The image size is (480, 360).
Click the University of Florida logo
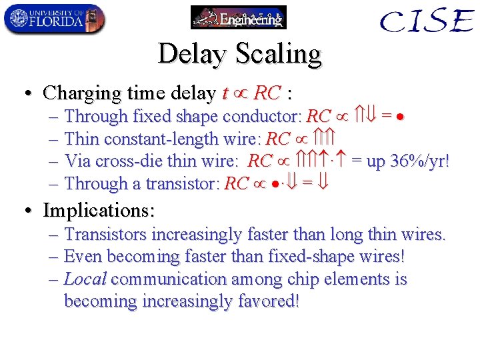[54, 19]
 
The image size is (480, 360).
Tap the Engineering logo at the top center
[239, 18]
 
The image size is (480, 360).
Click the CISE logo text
[427, 21]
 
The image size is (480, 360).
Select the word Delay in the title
[191, 53]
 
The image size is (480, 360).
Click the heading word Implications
[99, 211]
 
